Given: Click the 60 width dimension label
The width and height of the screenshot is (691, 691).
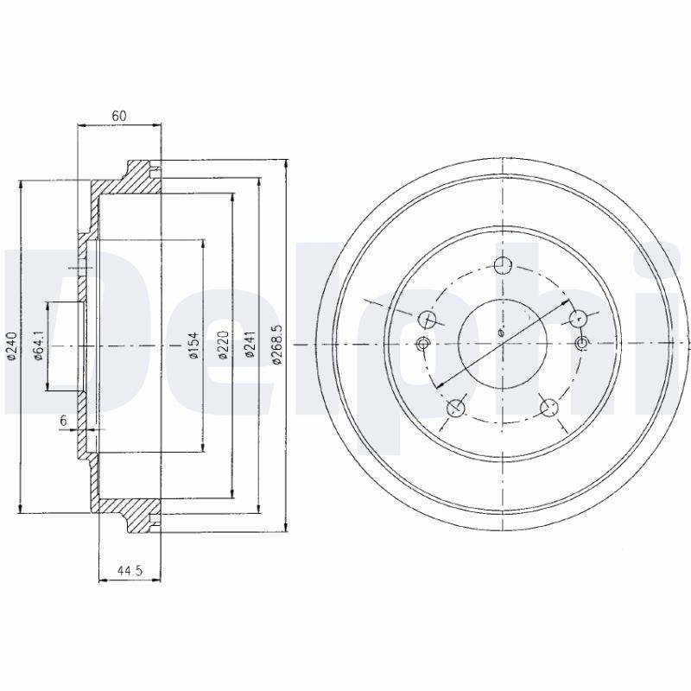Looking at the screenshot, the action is (119, 116).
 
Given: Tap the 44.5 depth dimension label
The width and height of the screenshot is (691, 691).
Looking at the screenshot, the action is (130, 571).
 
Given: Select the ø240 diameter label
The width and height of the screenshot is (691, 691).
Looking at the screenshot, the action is (12, 346).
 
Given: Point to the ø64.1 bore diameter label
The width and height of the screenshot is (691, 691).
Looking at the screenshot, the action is (39, 345).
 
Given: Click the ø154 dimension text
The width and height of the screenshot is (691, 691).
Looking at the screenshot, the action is (193, 345).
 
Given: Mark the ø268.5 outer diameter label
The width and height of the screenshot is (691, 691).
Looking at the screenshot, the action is (277, 345).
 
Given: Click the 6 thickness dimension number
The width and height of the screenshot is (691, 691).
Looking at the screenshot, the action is (63, 421).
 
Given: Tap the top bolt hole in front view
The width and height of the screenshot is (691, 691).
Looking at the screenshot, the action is (503, 266).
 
